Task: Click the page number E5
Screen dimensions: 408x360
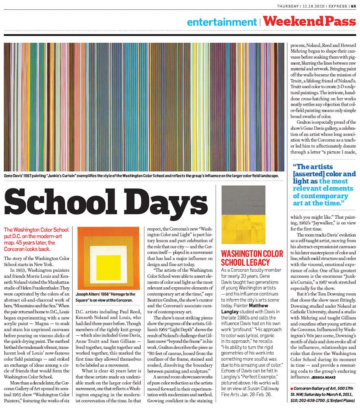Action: pyautogui.click(x=353, y=6)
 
